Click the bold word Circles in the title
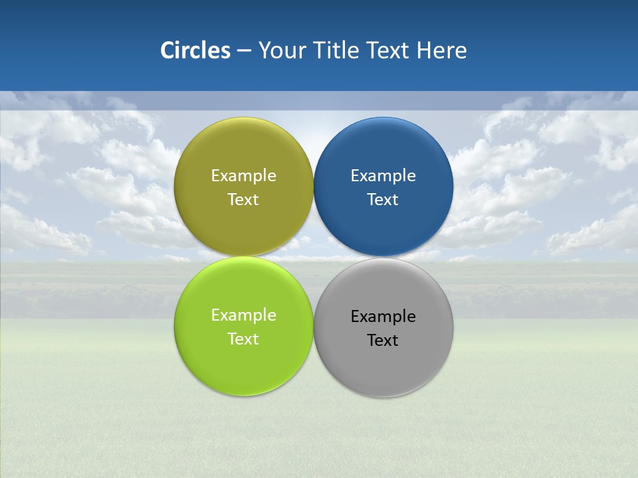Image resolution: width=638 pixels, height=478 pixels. pyautogui.click(x=195, y=50)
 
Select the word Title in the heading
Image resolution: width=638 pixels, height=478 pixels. pyautogui.click(x=337, y=50)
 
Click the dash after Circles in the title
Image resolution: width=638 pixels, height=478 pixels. pyautogui.click(x=244, y=51)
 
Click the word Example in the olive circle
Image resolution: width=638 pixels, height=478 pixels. pyautogui.click(x=243, y=176)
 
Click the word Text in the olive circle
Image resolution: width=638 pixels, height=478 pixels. pyautogui.click(x=243, y=200)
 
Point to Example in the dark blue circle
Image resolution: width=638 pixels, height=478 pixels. pyautogui.click(x=383, y=176)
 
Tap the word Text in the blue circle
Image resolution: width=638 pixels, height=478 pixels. pyautogui.click(x=383, y=200)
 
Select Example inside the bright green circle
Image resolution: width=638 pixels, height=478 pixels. pyautogui.click(x=243, y=315)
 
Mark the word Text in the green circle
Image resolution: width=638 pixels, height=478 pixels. pyautogui.click(x=243, y=339)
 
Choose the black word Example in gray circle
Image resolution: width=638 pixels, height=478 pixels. pyautogui.click(x=383, y=317)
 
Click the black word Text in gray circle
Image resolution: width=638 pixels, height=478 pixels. pyautogui.click(x=383, y=341)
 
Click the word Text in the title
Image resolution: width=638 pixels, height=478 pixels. pyautogui.click(x=389, y=50)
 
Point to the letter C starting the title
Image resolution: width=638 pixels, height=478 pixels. pyautogui.click(x=167, y=50)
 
